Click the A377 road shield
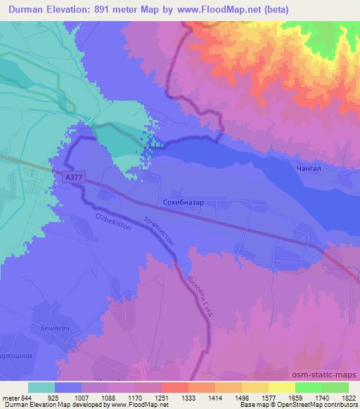pyautogui.click(x=72, y=178)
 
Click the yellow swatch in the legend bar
pyautogui.click(x=281, y=387)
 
